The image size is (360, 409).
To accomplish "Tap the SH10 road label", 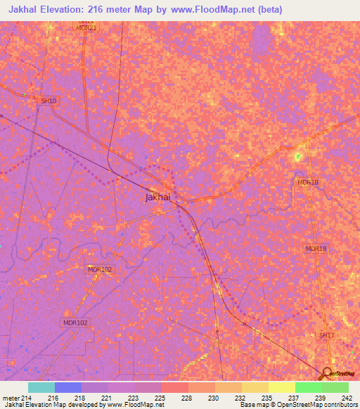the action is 48,101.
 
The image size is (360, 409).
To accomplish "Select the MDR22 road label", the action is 86,28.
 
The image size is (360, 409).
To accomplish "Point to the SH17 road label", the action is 327,336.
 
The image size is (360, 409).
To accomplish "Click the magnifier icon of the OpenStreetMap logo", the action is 326,373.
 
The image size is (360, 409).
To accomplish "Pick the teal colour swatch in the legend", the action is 41,387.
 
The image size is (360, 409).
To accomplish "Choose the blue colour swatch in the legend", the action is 68,387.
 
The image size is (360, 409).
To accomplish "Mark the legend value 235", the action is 266,398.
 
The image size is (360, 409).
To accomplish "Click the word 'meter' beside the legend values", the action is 11,398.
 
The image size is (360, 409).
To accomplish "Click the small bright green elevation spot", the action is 298,156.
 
